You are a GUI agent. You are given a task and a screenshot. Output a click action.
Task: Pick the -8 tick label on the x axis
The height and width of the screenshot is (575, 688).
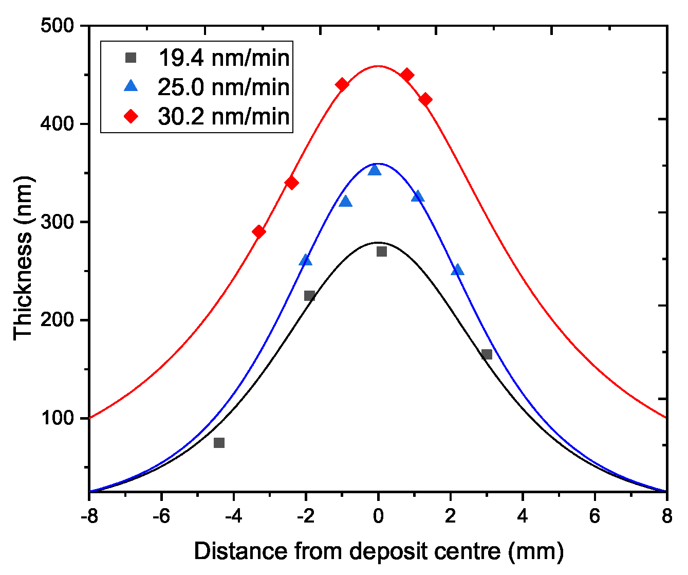point(89,516)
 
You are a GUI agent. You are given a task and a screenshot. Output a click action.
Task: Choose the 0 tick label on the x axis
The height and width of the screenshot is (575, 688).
point(378,516)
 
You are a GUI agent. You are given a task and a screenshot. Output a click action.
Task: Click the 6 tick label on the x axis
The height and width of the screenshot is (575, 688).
point(594,516)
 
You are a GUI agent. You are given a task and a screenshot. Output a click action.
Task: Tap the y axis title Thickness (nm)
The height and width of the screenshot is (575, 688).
point(23,258)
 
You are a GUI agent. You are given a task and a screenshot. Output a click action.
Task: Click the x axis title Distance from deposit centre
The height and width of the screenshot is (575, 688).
point(379,551)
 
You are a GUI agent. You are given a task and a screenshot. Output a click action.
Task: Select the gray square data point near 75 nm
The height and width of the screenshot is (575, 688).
point(219,443)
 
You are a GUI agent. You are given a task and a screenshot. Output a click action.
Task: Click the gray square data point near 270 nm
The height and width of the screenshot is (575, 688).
point(381,251)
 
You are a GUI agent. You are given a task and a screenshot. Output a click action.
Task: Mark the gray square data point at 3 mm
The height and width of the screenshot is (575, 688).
point(487,354)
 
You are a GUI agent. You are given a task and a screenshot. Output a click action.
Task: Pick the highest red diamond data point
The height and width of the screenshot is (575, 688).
point(407,75)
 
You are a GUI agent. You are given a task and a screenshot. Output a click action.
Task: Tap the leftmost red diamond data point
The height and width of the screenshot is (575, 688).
point(259,231)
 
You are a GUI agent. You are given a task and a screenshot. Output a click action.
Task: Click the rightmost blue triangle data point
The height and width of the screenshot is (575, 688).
point(457,270)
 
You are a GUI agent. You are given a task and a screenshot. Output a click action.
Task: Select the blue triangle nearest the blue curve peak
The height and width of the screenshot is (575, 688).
point(375,170)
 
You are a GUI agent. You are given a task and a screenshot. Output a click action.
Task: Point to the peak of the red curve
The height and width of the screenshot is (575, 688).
point(378,66)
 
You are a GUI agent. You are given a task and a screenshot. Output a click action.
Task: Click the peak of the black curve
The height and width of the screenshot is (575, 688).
point(378,242)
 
